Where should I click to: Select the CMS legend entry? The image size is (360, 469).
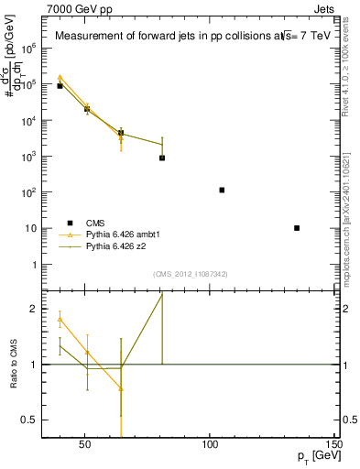pos(95,223)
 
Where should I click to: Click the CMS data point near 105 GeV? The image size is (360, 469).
pos(222,190)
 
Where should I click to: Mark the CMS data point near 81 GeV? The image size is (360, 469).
pos(162,158)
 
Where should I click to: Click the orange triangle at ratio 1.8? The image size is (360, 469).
pos(60,320)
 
